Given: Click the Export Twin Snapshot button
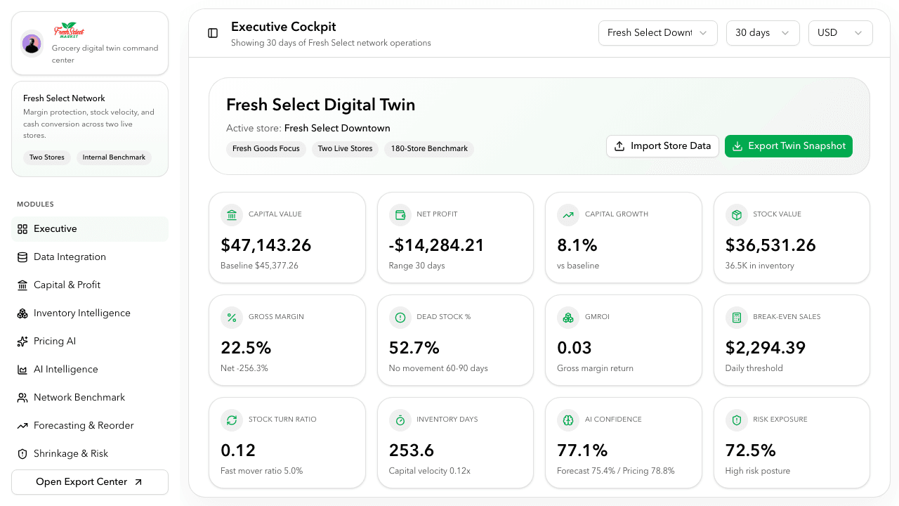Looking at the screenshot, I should (788, 146).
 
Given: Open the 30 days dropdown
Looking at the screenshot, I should (762, 33).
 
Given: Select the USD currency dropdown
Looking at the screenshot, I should (840, 33).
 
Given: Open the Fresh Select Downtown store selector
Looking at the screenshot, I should (657, 33).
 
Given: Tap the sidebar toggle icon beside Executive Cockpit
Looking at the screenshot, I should (213, 33).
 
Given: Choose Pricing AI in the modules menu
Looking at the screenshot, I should (55, 341).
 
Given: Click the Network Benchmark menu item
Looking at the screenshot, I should (79, 397).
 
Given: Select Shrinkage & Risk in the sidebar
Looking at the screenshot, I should (70, 453).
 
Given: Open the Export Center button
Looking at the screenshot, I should (90, 482).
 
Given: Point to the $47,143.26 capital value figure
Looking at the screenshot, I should (266, 245).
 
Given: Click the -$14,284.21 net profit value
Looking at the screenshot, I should (436, 245).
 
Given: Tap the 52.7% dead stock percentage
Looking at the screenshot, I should (414, 348).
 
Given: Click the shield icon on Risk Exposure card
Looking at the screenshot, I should (737, 420).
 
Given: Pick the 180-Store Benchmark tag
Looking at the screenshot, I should (429, 149).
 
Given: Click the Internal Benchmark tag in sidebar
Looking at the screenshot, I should (114, 157).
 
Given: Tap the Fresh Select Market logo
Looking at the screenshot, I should (69, 32).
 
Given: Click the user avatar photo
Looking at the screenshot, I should (32, 44).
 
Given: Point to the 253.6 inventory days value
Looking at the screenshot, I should (412, 450).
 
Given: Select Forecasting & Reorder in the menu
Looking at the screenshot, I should (83, 425).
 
